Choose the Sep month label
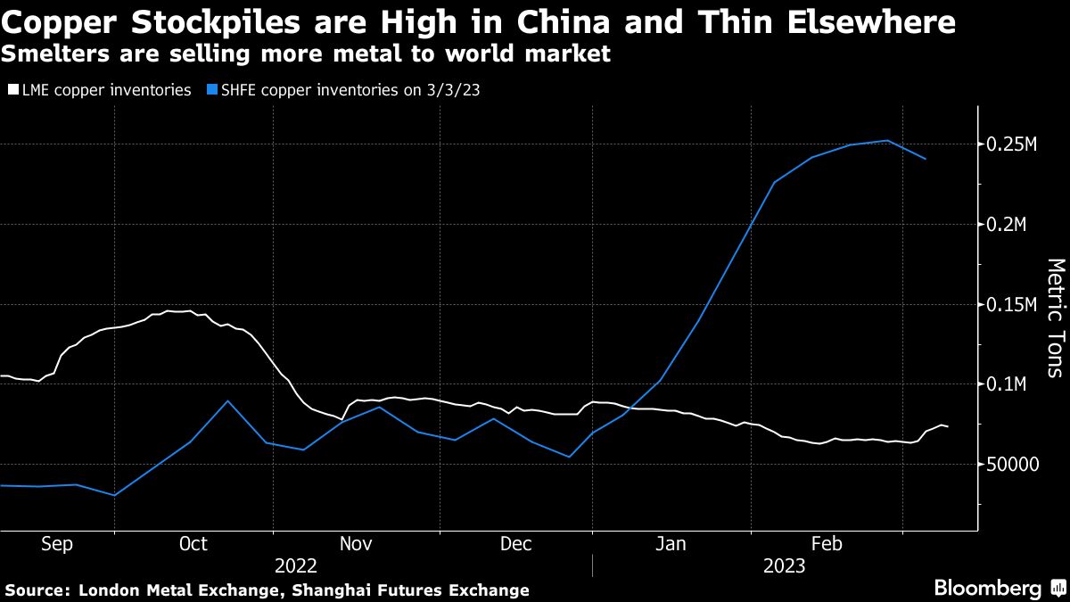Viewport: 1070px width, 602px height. [58, 544]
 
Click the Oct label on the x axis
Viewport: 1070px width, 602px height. [193, 544]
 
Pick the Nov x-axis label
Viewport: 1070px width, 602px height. [355, 544]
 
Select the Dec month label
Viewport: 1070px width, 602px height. [515, 544]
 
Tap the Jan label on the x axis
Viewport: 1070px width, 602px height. [671, 544]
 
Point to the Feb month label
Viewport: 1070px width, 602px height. [827, 544]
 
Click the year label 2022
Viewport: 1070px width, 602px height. [296, 565]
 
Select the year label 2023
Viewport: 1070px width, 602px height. [784, 565]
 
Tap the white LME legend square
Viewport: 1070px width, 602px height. [12, 90]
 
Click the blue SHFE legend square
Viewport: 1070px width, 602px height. [211, 90]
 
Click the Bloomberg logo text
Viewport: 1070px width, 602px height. [988, 588]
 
